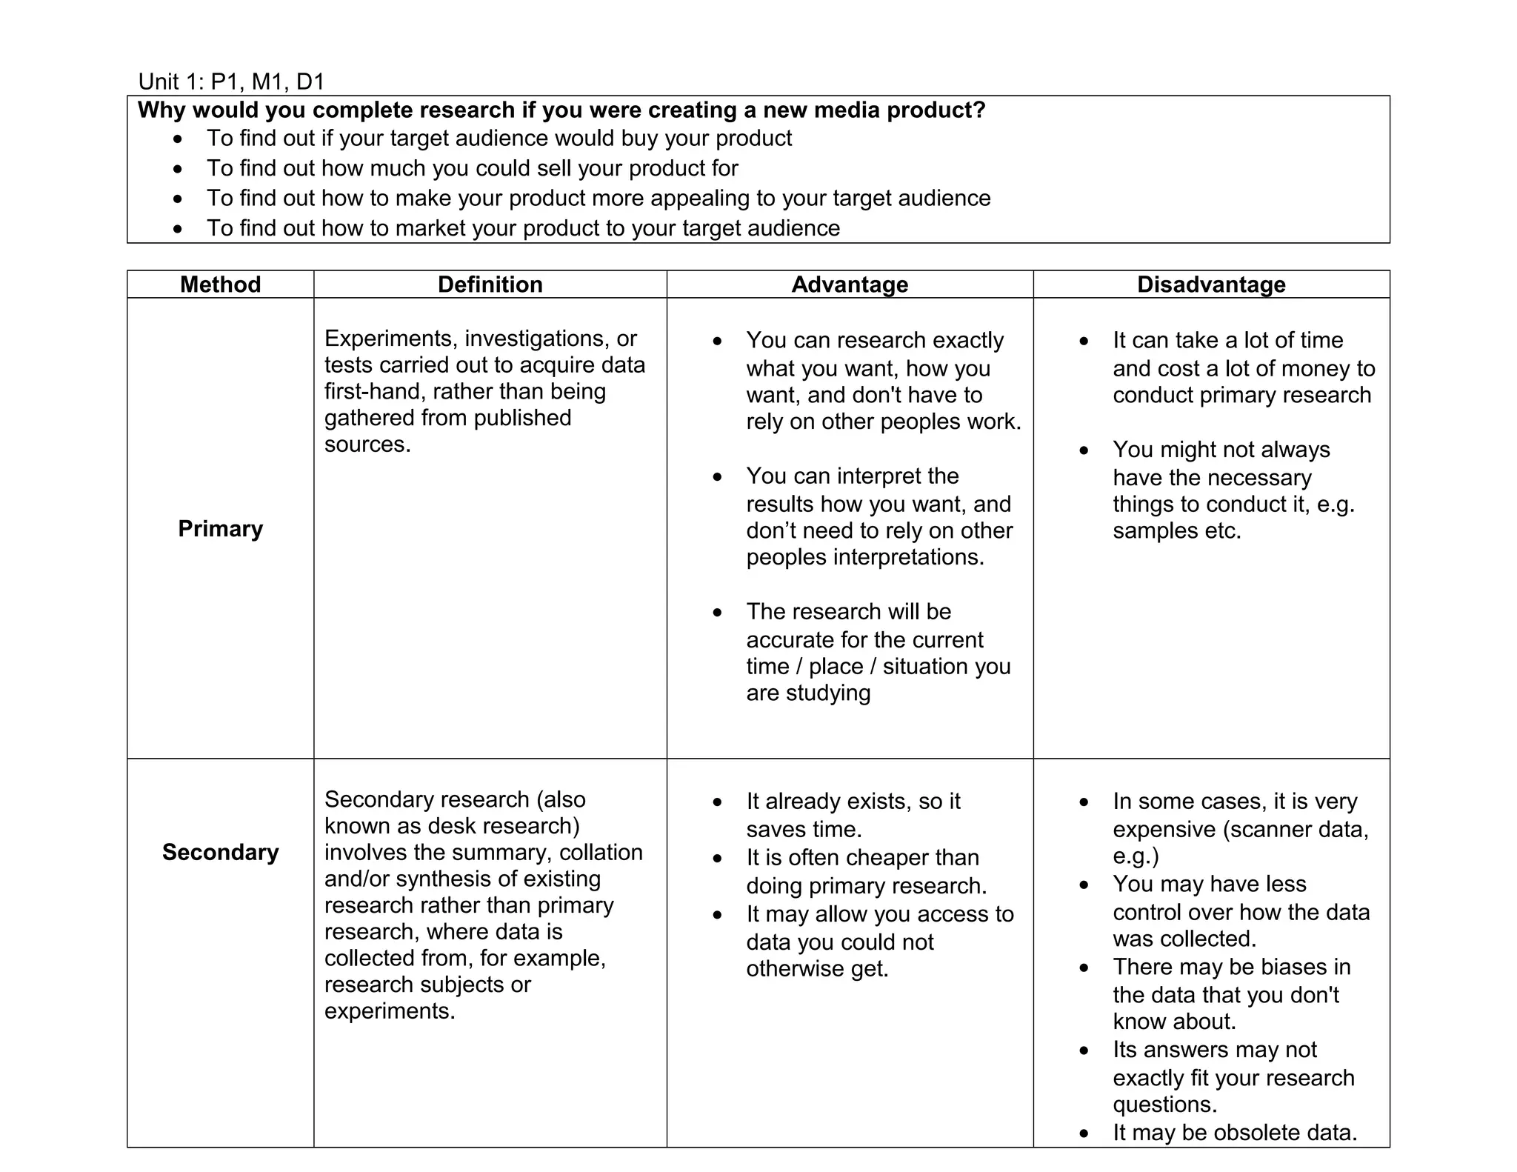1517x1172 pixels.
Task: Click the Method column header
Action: click(x=220, y=284)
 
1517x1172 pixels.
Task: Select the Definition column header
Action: click(x=490, y=284)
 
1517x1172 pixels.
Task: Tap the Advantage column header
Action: click(x=850, y=284)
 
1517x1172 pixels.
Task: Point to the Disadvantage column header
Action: click(x=1211, y=284)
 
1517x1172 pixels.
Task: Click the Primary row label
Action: click(x=220, y=529)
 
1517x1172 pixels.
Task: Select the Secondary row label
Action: click(x=220, y=852)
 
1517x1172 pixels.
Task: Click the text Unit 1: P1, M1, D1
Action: click(x=231, y=81)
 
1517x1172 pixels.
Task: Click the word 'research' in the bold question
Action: click(x=467, y=110)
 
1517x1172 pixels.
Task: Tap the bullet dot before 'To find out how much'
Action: click(x=178, y=169)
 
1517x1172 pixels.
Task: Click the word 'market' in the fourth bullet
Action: click(x=430, y=228)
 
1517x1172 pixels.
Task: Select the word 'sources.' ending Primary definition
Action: click(x=367, y=445)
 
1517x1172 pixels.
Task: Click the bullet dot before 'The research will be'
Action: click(x=717, y=613)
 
